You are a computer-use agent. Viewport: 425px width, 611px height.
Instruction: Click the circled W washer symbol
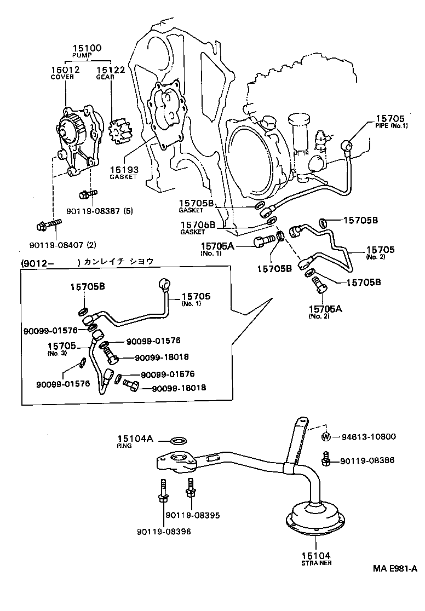point(325,437)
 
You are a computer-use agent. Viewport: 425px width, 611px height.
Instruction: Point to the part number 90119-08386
point(366,461)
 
